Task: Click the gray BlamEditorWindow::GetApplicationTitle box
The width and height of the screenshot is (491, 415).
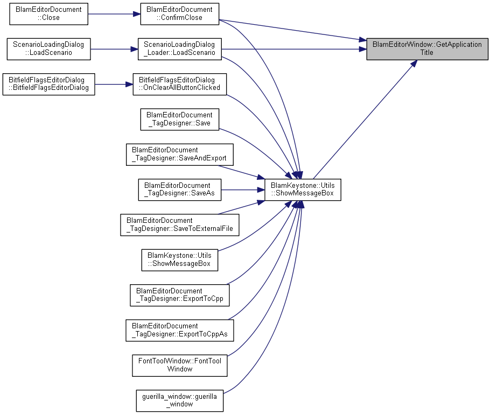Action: (x=427, y=49)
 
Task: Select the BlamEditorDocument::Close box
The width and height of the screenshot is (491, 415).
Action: (x=48, y=14)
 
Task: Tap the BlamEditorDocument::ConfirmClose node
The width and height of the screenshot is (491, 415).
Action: (x=179, y=14)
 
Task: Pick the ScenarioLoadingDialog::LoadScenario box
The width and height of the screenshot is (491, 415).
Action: (x=48, y=49)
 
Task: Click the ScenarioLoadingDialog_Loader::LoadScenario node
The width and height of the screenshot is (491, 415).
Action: (x=179, y=49)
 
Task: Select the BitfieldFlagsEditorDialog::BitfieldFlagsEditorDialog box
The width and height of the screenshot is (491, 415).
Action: (x=48, y=84)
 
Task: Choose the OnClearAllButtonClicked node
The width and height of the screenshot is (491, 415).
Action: (x=179, y=84)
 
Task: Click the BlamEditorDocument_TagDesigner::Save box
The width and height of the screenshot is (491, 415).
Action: (x=179, y=119)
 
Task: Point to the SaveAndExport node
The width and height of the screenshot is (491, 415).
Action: (x=179, y=154)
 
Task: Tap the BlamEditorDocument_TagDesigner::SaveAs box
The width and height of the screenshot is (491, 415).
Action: (x=179, y=189)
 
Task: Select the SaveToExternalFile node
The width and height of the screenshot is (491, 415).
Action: (x=179, y=224)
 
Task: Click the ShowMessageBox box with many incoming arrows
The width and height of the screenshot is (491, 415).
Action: (x=303, y=189)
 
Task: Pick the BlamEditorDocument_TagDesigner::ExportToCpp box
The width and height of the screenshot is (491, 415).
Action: (x=179, y=295)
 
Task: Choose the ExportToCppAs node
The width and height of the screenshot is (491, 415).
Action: (x=179, y=330)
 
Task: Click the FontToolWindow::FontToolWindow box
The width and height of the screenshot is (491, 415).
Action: (x=179, y=365)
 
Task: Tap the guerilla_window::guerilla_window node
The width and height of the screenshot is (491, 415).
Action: (x=179, y=400)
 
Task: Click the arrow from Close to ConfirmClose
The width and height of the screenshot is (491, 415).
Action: (x=114, y=14)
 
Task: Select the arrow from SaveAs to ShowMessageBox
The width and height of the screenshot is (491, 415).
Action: (x=243, y=189)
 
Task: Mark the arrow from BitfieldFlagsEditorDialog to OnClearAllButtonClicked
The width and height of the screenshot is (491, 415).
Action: (x=114, y=84)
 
